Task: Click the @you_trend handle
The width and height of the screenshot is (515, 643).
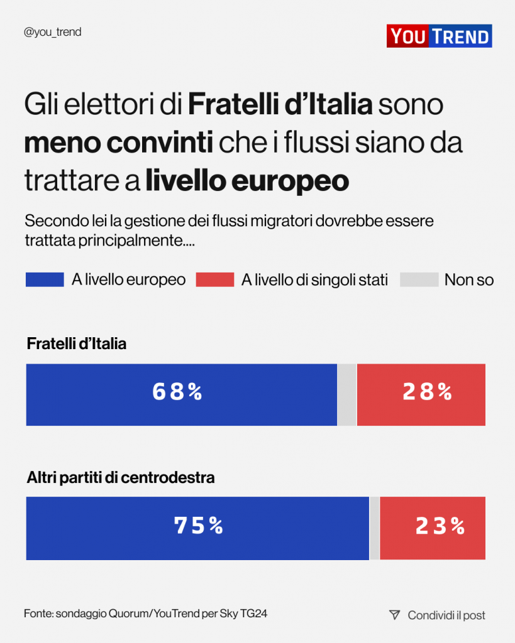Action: click(52, 32)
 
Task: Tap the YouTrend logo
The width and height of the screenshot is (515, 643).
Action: click(439, 36)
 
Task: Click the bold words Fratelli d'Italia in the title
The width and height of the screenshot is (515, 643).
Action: click(280, 105)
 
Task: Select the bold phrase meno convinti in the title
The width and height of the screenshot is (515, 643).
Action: click(118, 143)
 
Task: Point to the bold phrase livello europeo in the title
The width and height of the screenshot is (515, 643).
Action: click(247, 181)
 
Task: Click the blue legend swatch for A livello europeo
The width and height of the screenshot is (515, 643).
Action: click(45, 279)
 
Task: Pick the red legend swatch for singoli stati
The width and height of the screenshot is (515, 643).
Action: click(215, 279)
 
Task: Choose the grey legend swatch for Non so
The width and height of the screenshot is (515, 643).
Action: click(419, 279)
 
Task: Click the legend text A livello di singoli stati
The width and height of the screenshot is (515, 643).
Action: click(314, 280)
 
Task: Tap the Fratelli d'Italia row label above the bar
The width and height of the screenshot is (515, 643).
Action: click(77, 344)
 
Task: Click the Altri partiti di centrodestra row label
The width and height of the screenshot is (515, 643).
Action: click(121, 477)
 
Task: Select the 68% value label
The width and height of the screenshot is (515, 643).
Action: click(177, 392)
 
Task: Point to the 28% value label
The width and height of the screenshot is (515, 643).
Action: click(428, 392)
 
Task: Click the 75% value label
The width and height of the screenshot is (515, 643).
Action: click(199, 526)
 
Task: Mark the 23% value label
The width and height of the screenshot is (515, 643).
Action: click(440, 526)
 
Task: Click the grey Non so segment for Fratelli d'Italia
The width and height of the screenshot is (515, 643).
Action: click(346, 394)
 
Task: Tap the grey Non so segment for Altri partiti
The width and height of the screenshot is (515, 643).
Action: click(374, 527)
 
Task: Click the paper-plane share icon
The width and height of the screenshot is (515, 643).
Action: click(394, 615)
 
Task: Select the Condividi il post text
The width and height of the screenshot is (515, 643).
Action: click(446, 615)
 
